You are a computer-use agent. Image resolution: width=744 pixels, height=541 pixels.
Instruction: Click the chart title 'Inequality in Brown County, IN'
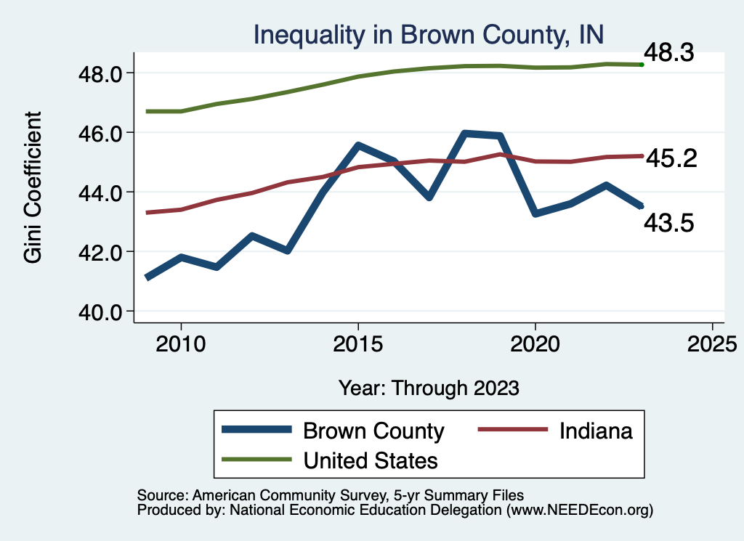click(x=428, y=34)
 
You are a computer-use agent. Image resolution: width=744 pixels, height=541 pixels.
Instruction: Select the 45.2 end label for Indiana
click(x=671, y=158)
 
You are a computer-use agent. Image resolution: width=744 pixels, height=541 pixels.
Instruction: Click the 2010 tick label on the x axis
click(x=181, y=343)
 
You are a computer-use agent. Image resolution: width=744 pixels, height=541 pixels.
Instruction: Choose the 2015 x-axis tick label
click(x=358, y=343)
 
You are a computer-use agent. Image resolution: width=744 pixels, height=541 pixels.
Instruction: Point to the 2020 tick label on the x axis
click(x=535, y=343)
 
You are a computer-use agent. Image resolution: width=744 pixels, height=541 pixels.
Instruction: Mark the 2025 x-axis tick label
click(x=712, y=343)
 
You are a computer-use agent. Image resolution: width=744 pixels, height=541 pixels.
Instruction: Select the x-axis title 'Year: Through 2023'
click(x=429, y=388)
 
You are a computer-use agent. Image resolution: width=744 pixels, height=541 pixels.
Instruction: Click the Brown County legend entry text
click(x=373, y=431)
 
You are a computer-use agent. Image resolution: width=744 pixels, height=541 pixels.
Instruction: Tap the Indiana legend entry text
click(x=596, y=431)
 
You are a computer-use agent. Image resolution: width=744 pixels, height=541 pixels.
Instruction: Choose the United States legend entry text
click(x=371, y=460)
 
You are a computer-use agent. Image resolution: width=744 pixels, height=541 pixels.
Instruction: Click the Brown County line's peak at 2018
click(x=465, y=134)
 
